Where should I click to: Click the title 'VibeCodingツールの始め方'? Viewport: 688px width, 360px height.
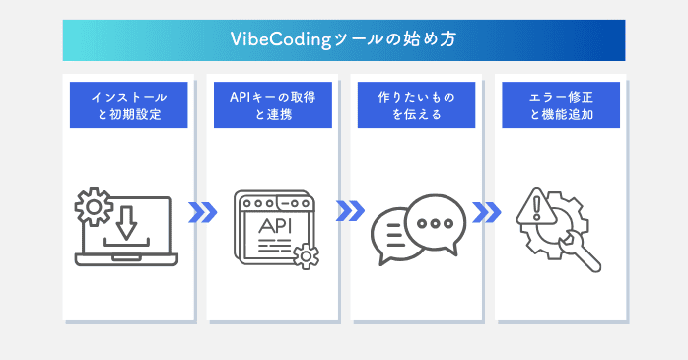pos(343,40)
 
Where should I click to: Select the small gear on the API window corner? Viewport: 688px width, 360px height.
pos(308,257)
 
